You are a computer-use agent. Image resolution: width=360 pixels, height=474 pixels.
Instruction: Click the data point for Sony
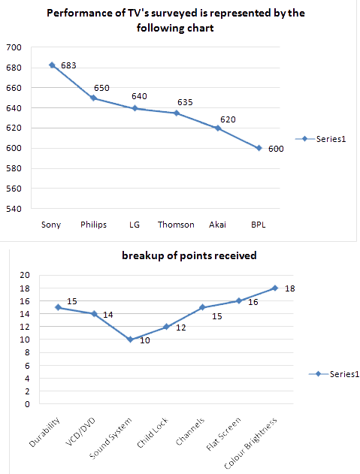point(52,65)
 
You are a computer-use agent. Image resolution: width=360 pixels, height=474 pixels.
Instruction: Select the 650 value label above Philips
point(101,88)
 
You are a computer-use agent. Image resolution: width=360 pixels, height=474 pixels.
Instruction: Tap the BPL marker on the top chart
point(259,148)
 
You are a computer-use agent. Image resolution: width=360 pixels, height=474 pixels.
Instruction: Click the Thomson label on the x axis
point(176,224)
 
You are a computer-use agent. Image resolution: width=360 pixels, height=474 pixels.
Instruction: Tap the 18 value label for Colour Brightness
point(290,288)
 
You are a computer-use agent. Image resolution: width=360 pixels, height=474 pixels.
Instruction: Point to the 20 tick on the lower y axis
point(25,275)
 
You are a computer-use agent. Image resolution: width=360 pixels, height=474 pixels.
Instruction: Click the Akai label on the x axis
point(217,224)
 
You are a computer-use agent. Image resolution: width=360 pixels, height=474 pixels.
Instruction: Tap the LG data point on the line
point(135,108)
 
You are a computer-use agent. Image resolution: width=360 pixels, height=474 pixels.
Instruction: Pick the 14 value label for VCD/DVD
point(107,315)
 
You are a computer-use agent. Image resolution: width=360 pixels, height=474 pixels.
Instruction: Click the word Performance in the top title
point(75,14)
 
